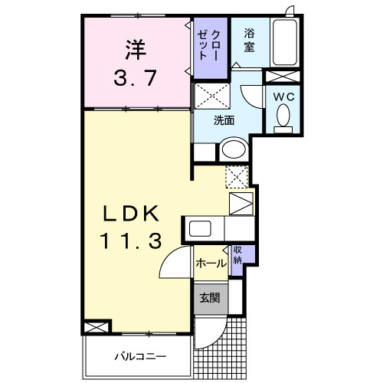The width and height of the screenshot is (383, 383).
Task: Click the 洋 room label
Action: click(x=136, y=51)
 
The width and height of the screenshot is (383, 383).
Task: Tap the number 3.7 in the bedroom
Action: click(x=136, y=78)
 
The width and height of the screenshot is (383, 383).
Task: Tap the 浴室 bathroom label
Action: click(x=250, y=40)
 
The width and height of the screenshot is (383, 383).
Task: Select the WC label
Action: click(x=282, y=97)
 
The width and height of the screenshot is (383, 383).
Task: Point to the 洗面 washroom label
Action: click(x=224, y=120)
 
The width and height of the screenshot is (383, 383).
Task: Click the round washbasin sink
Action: click(x=235, y=149)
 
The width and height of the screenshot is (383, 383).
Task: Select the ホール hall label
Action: click(x=210, y=264)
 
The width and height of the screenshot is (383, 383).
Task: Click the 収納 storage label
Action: click(x=238, y=255)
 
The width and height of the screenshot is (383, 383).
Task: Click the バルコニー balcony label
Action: click(x=136, y=356)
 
